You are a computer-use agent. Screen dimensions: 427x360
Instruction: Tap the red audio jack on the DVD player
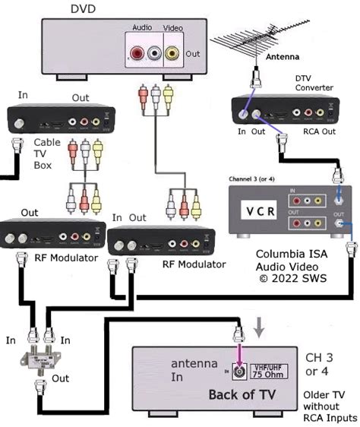click(x=137, y=54)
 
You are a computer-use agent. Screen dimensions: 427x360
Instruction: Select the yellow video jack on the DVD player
click(x=173, y=54)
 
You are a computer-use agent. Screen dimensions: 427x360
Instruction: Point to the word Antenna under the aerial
click(x=283, y=57)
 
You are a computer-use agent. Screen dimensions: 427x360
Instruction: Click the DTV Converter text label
click(x=313, y=82)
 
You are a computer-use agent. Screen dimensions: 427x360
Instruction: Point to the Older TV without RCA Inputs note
click(x=329, y=406)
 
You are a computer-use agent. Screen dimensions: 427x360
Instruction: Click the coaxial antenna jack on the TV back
click(x=238, y=373)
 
